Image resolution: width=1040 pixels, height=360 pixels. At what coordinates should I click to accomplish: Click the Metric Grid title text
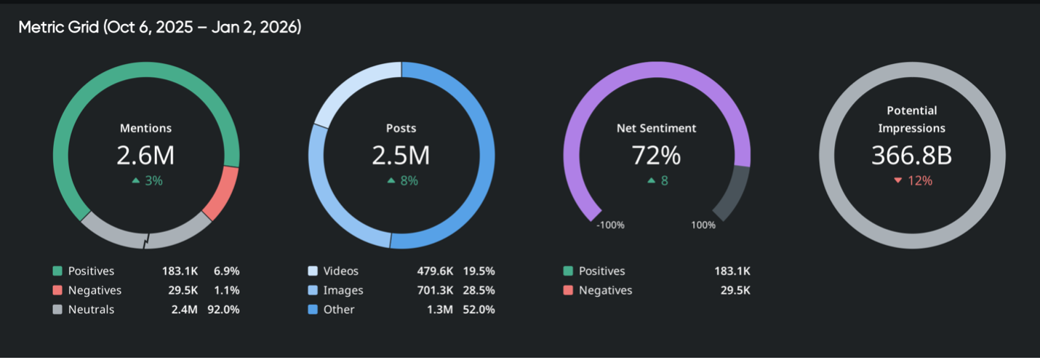(x=159, y=28)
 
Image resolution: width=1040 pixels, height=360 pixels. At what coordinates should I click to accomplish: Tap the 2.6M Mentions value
(x=145, y=155)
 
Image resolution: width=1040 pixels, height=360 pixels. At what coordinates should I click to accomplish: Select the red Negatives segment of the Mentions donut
(x=222, y=192)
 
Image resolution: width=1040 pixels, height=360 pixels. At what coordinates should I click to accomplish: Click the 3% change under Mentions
(x=147, y=180)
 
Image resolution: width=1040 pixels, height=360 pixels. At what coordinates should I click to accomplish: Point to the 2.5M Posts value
(x=401, y=155)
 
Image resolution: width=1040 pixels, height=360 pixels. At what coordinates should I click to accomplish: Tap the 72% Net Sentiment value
(x=656, y=155)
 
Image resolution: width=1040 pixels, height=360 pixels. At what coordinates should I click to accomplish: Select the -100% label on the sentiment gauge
(x=610, y=225)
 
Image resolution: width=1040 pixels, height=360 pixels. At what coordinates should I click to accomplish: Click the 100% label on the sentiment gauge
(x=703, y=225)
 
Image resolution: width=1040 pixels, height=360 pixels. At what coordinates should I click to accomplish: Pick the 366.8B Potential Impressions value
(x=911, y=155)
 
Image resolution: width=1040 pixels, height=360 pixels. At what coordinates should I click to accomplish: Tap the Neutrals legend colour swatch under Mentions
(x=58, y=309)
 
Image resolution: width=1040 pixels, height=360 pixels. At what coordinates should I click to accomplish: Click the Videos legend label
(x=341, y=271)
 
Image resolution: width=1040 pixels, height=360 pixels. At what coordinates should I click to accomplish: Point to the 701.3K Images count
(x=436, y=290)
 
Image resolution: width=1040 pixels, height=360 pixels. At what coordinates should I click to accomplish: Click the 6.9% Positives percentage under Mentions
(x=225, y=271)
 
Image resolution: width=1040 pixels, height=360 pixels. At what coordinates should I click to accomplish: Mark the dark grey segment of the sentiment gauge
(x=733, y=192)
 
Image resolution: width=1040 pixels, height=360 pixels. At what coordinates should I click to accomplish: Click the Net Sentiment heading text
(x=656, y=128)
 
